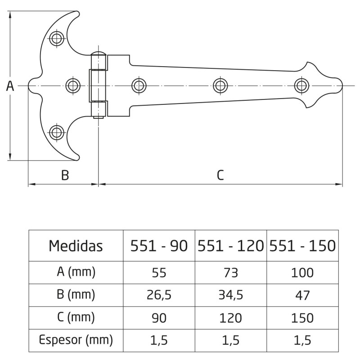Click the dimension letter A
10,86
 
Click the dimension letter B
65,175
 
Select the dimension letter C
220,175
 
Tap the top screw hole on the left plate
56,38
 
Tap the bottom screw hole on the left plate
56,132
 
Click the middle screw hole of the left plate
72,85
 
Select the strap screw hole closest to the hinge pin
139,85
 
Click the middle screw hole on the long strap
220,85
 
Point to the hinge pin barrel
99,85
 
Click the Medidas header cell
76,246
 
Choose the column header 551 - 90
158,246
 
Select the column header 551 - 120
231,246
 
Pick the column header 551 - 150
302,246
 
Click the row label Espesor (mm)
76,340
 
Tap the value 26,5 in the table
158,295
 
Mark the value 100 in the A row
302,272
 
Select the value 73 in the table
231,272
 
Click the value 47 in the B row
302,295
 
